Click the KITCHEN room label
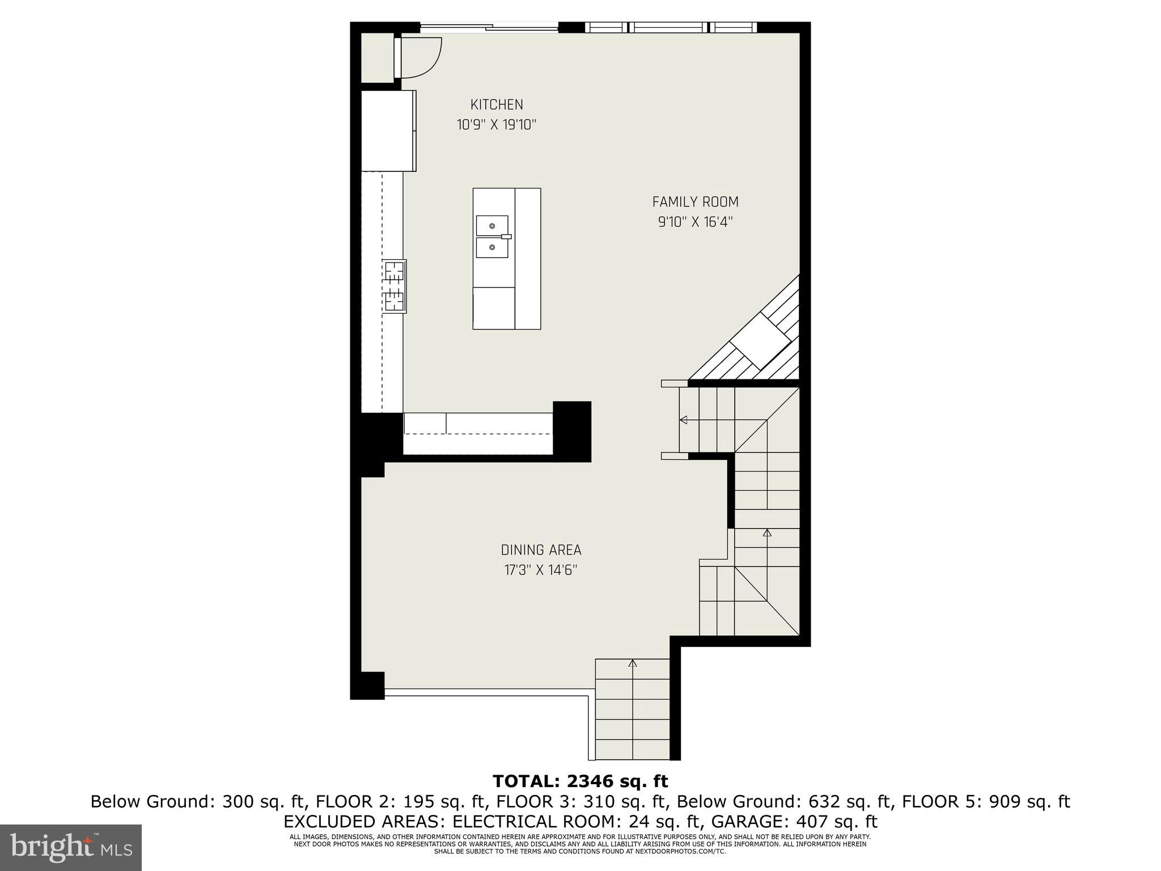[x=497, y=104]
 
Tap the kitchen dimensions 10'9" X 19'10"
[x=497, y=125]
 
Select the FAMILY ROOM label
[x=695, y=202]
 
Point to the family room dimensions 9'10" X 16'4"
[x=695, y=222]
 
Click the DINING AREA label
[x=541, y=550]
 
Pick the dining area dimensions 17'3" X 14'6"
[x=541, y=570]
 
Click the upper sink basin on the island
[x=491, y=225]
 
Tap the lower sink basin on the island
[x=491, y=248]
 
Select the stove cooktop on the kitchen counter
[x=395, y=286]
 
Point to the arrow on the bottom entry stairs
[x=633, y=663]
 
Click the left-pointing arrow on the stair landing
[x=684, y=420]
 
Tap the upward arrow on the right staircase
[x=767, y=533]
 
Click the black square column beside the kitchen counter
[x=572, y=431]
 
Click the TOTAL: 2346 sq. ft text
[x=580, y=781]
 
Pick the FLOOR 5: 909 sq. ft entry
[x=985, y=802]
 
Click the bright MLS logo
[x=71, y=847]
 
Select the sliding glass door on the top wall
[x=489, y=26]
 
